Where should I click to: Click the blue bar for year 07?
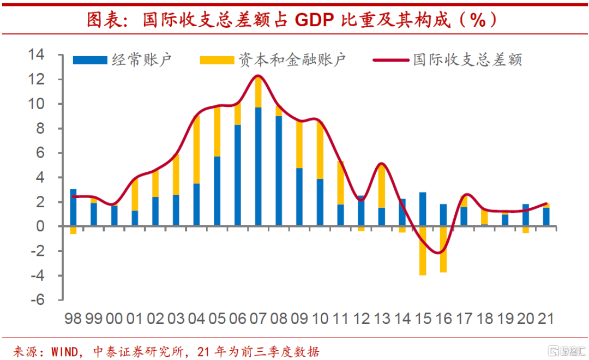[259, 166]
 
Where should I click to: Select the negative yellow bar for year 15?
[423, 251]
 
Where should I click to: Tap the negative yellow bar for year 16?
[443, 249]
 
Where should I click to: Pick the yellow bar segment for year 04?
[196, 149]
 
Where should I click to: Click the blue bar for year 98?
[73, 207]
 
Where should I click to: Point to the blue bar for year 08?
[279, 171]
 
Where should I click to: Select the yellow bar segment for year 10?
[320, 149]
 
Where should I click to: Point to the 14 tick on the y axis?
[39, 55]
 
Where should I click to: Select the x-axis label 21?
[546, 319]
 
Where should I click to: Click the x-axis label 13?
[381, 319]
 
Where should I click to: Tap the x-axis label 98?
[73, 319]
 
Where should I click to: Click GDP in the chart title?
[315, 20]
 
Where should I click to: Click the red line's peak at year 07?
[259, 76]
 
